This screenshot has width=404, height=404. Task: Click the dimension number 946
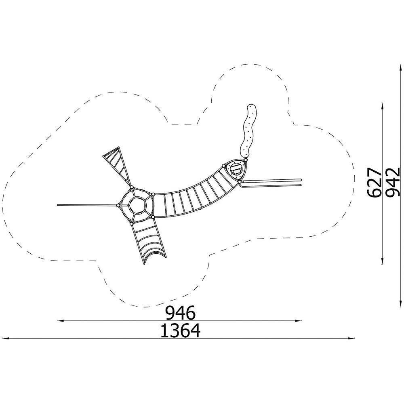tap(180, 313)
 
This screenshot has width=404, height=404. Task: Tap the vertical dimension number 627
tap(374, 183)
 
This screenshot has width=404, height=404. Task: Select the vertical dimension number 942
tap(393, 183)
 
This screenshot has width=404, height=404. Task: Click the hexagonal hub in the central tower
tap(138, 205)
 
